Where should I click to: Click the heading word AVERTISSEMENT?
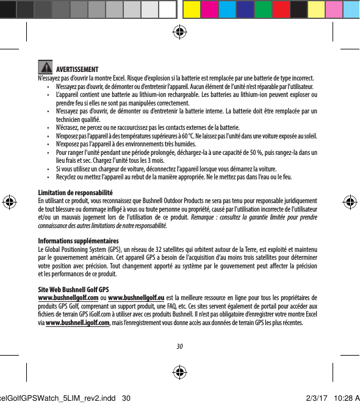[x=79, y=68]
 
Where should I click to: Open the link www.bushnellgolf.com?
[x=68, y=297]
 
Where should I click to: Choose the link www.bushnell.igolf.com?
[x=77, y=322]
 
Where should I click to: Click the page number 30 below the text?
[x=179, y=347]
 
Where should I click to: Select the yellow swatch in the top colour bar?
[x=191, y=9]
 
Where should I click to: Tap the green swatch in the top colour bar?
[x=263, y=9]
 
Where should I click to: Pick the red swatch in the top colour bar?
[x=281, y=9]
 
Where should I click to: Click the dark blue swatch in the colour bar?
[x=245, y=9]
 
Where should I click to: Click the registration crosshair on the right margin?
[x=349, y=202]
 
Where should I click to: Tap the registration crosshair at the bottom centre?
[x=179, y=373]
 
